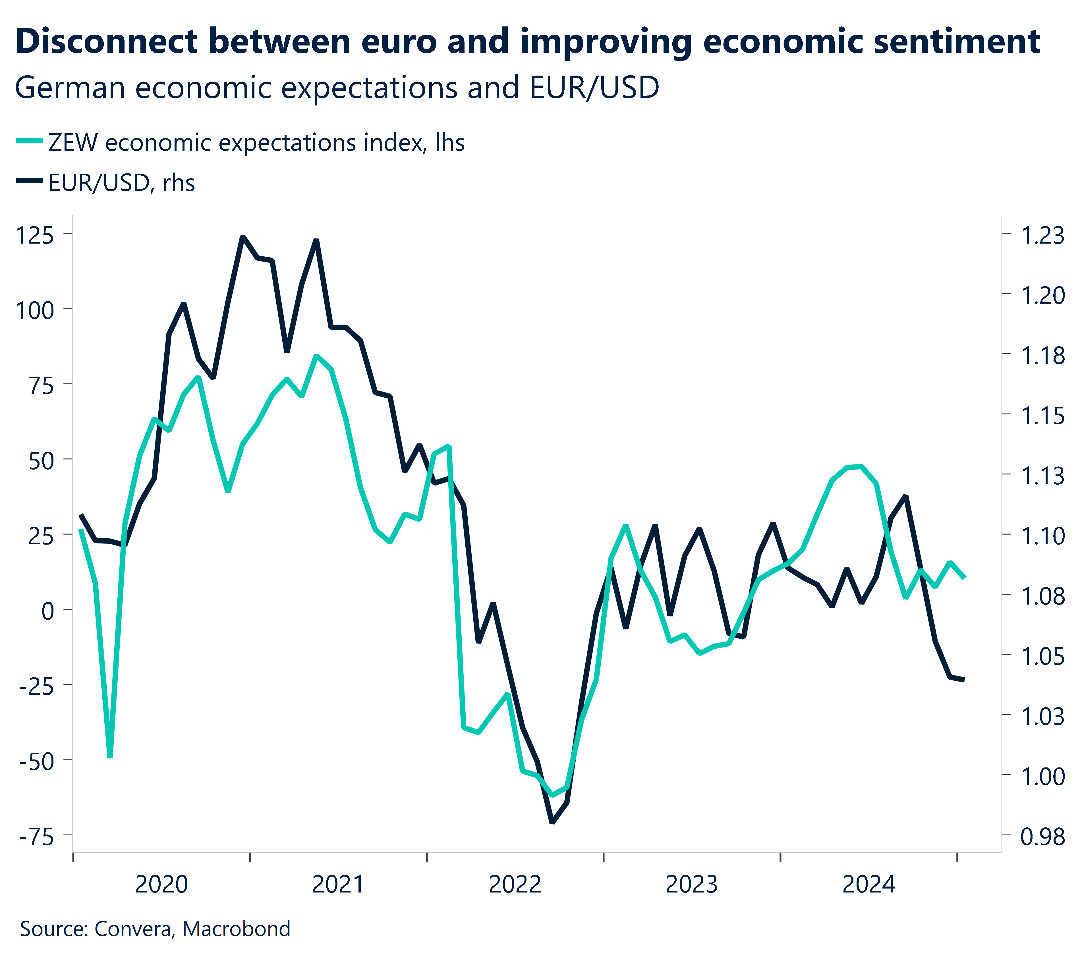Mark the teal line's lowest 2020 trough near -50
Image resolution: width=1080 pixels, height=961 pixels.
(110, 757)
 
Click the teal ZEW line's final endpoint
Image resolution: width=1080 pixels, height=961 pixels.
(964, 578)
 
